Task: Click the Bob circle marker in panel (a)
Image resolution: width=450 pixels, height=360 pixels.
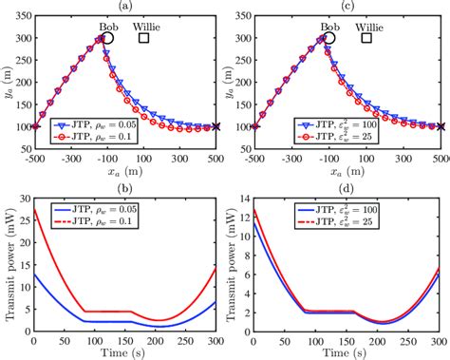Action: (x=109, y=40)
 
